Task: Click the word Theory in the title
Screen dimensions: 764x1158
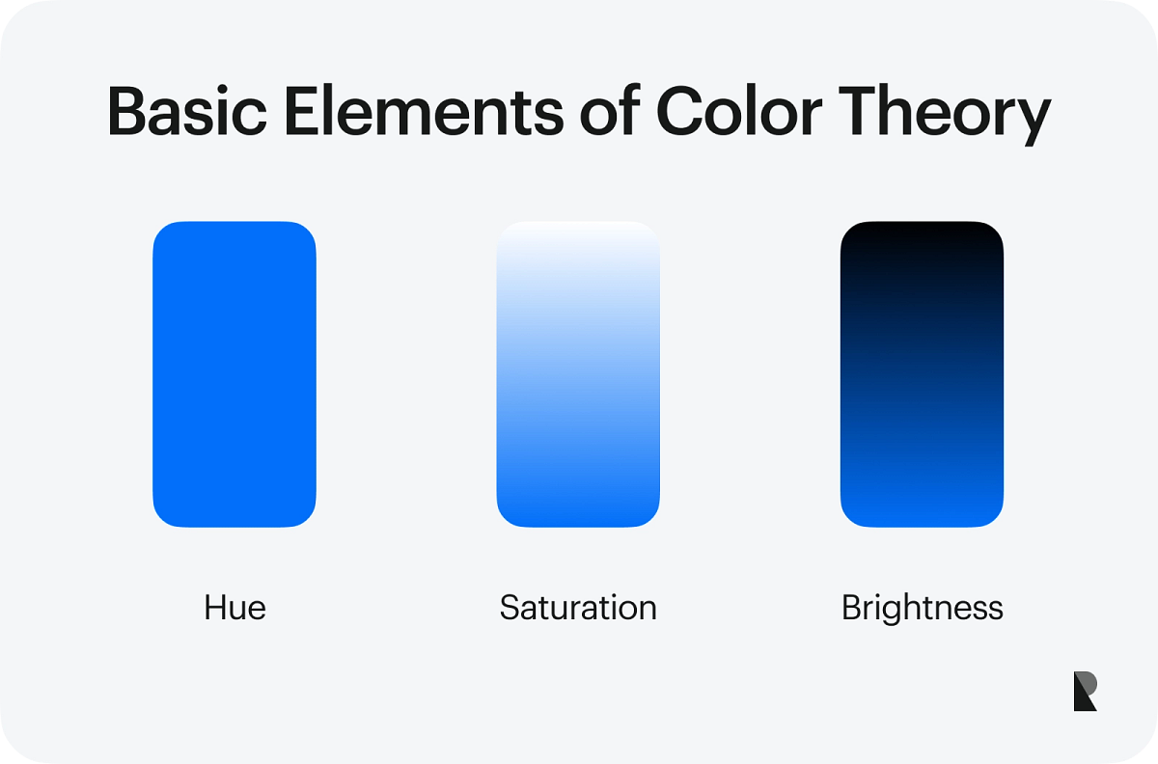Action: pos(950,114)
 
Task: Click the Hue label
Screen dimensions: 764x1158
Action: pos(234,608)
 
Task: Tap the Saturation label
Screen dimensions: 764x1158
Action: pos(578,608)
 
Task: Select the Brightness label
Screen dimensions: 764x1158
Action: pos(922,608)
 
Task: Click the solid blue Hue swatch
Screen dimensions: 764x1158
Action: pos(234,374)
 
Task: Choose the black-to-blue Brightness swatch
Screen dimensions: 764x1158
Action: pos(922,374)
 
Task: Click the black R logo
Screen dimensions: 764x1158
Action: pos(1085,692)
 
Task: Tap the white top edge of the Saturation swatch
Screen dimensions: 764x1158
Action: pos(578,230)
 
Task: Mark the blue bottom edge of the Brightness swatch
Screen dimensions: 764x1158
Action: pos(922,519)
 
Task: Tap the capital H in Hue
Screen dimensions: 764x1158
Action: pos(214,608)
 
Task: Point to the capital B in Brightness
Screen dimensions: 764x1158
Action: pos(852,608)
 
